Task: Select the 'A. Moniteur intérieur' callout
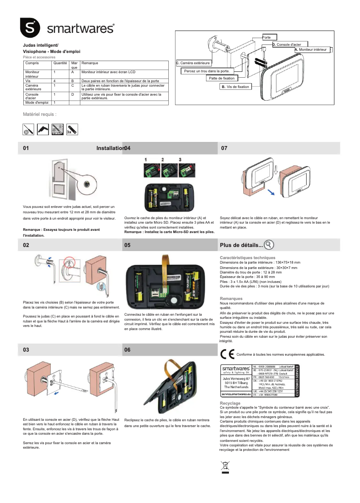[312, 50]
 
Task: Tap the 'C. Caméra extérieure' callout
[196, 63]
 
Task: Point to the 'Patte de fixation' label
[222, 78]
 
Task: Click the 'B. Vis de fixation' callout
[235, 87]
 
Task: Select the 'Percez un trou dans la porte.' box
[207, 71]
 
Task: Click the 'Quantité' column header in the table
[60, 63]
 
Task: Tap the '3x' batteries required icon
[72, 129]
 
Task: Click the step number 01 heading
[26, 148]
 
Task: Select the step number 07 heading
[224, 148]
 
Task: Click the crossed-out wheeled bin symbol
[225, 467]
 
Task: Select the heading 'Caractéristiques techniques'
[247, 258]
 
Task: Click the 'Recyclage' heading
[230, 403]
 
